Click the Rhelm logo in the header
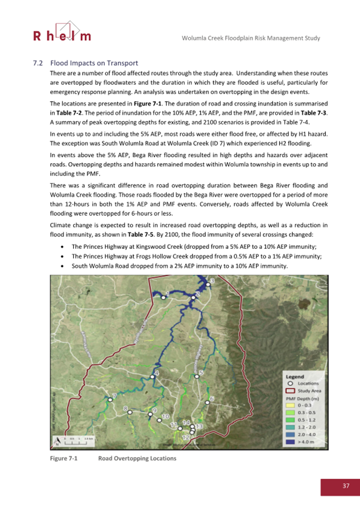tap(62, 32)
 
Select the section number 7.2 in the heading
tap(38, 62)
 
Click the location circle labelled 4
tap(153, 376)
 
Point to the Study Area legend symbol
tap(291, 390)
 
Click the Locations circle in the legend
tap(291, 383)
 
